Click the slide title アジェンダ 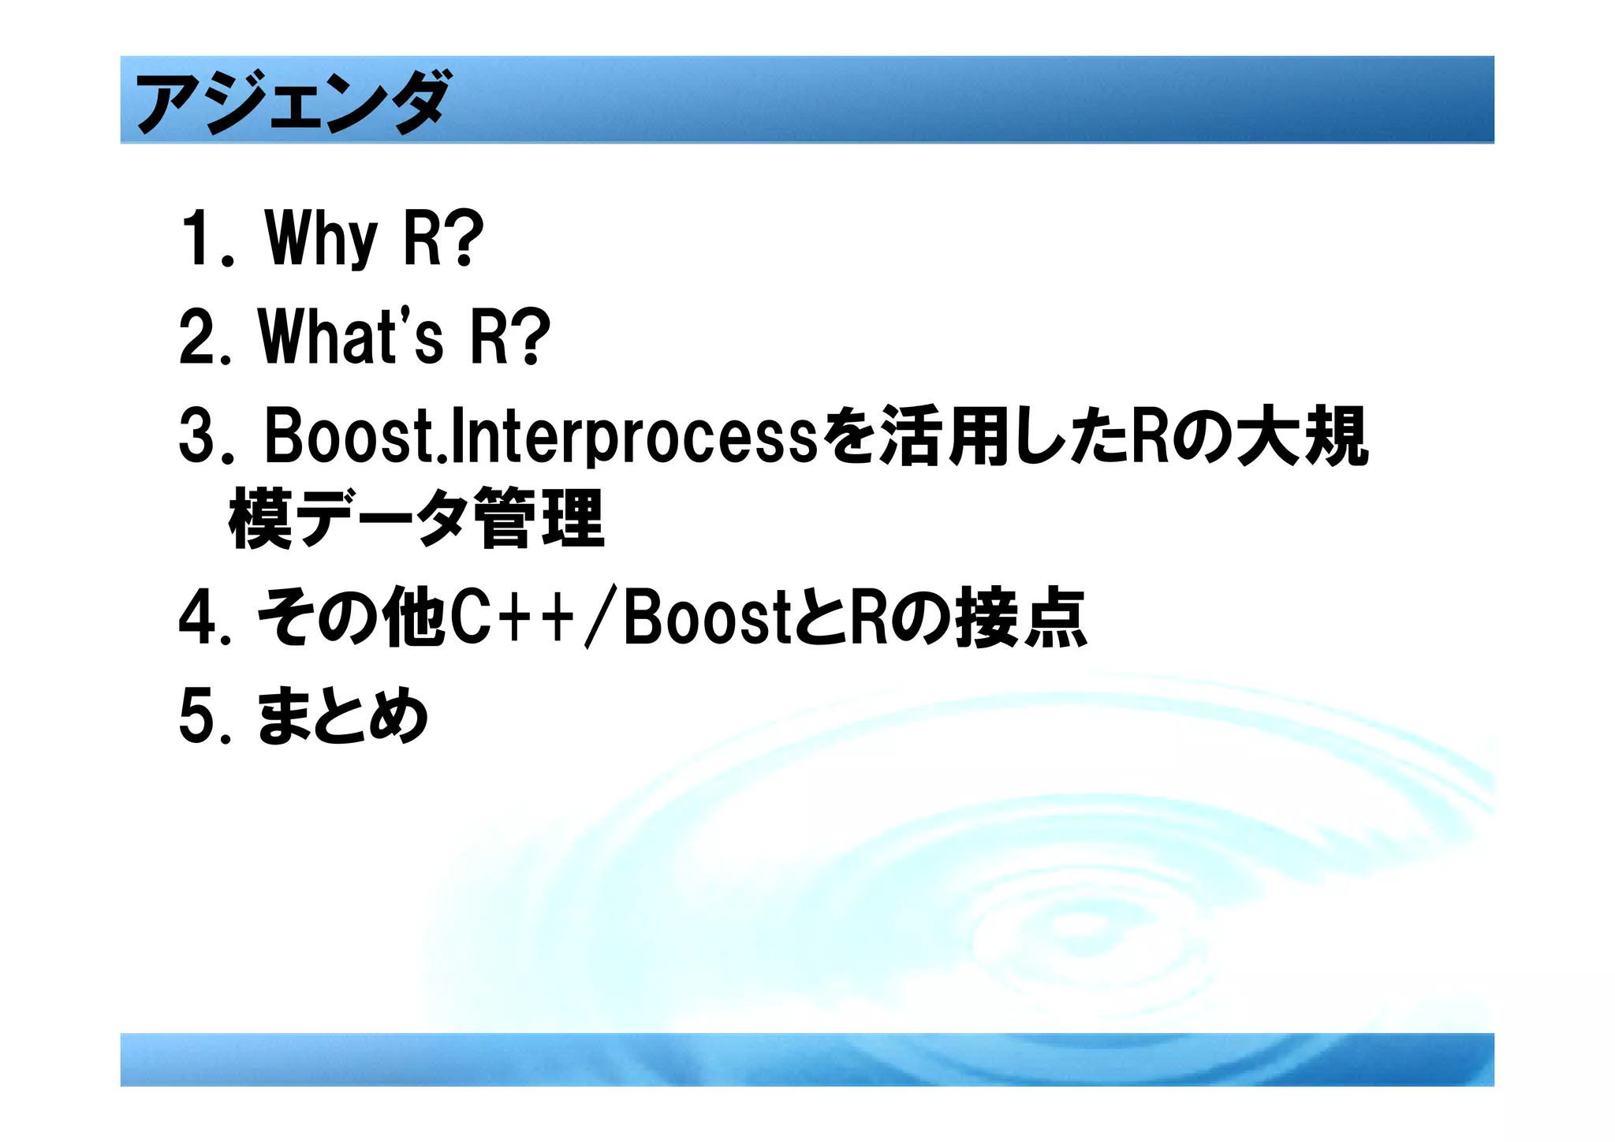[x=292, y=101]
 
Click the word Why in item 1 [x=322, y=237]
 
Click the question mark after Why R [x=465, y=237]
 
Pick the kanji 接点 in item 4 [x=1020, y=618]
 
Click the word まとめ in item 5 [x=342, y=716]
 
